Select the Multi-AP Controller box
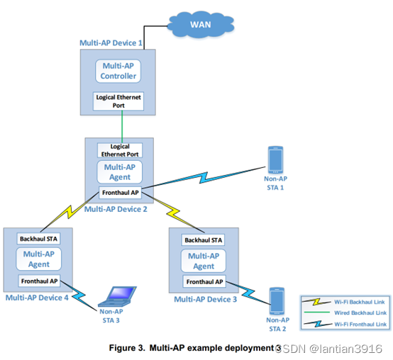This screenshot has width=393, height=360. (118, 71)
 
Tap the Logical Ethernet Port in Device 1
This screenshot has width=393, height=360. (118, 101)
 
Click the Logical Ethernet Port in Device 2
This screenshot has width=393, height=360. (119, 150)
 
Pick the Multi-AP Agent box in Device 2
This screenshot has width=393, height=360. (120, 172)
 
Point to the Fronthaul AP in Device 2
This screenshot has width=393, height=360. (120, 193)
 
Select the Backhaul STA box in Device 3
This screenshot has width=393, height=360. (204, 240)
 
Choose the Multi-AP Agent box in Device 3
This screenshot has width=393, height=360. (204, 261)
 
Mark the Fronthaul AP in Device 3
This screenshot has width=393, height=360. (204, 282)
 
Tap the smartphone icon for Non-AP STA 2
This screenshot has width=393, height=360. (277, 301)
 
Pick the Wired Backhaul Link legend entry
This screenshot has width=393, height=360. (344, 312)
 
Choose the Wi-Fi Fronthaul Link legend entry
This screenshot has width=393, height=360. (344, 324)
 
